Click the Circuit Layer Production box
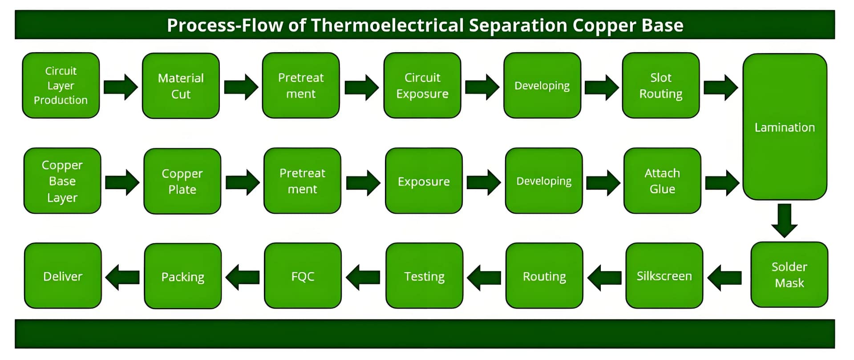coord(61,85)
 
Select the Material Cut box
coord(181,86)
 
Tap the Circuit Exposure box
coord(422,85)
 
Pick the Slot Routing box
coord(661,85)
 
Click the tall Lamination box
coord(785,127)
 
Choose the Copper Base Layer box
coord(62,181)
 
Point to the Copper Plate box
coord(182,181)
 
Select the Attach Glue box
coord(662,181)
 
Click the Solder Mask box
coord(789,275)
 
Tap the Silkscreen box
coord(664,276)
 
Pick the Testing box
coord(424,276)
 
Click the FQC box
coord(303,276)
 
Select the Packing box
coord(183,276)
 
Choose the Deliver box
coord(63,276)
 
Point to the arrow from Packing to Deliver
coord(122,277)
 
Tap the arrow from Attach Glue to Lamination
coord(722,182)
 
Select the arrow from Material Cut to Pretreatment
coord(241,87)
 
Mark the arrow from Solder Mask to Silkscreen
coord(724,277)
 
